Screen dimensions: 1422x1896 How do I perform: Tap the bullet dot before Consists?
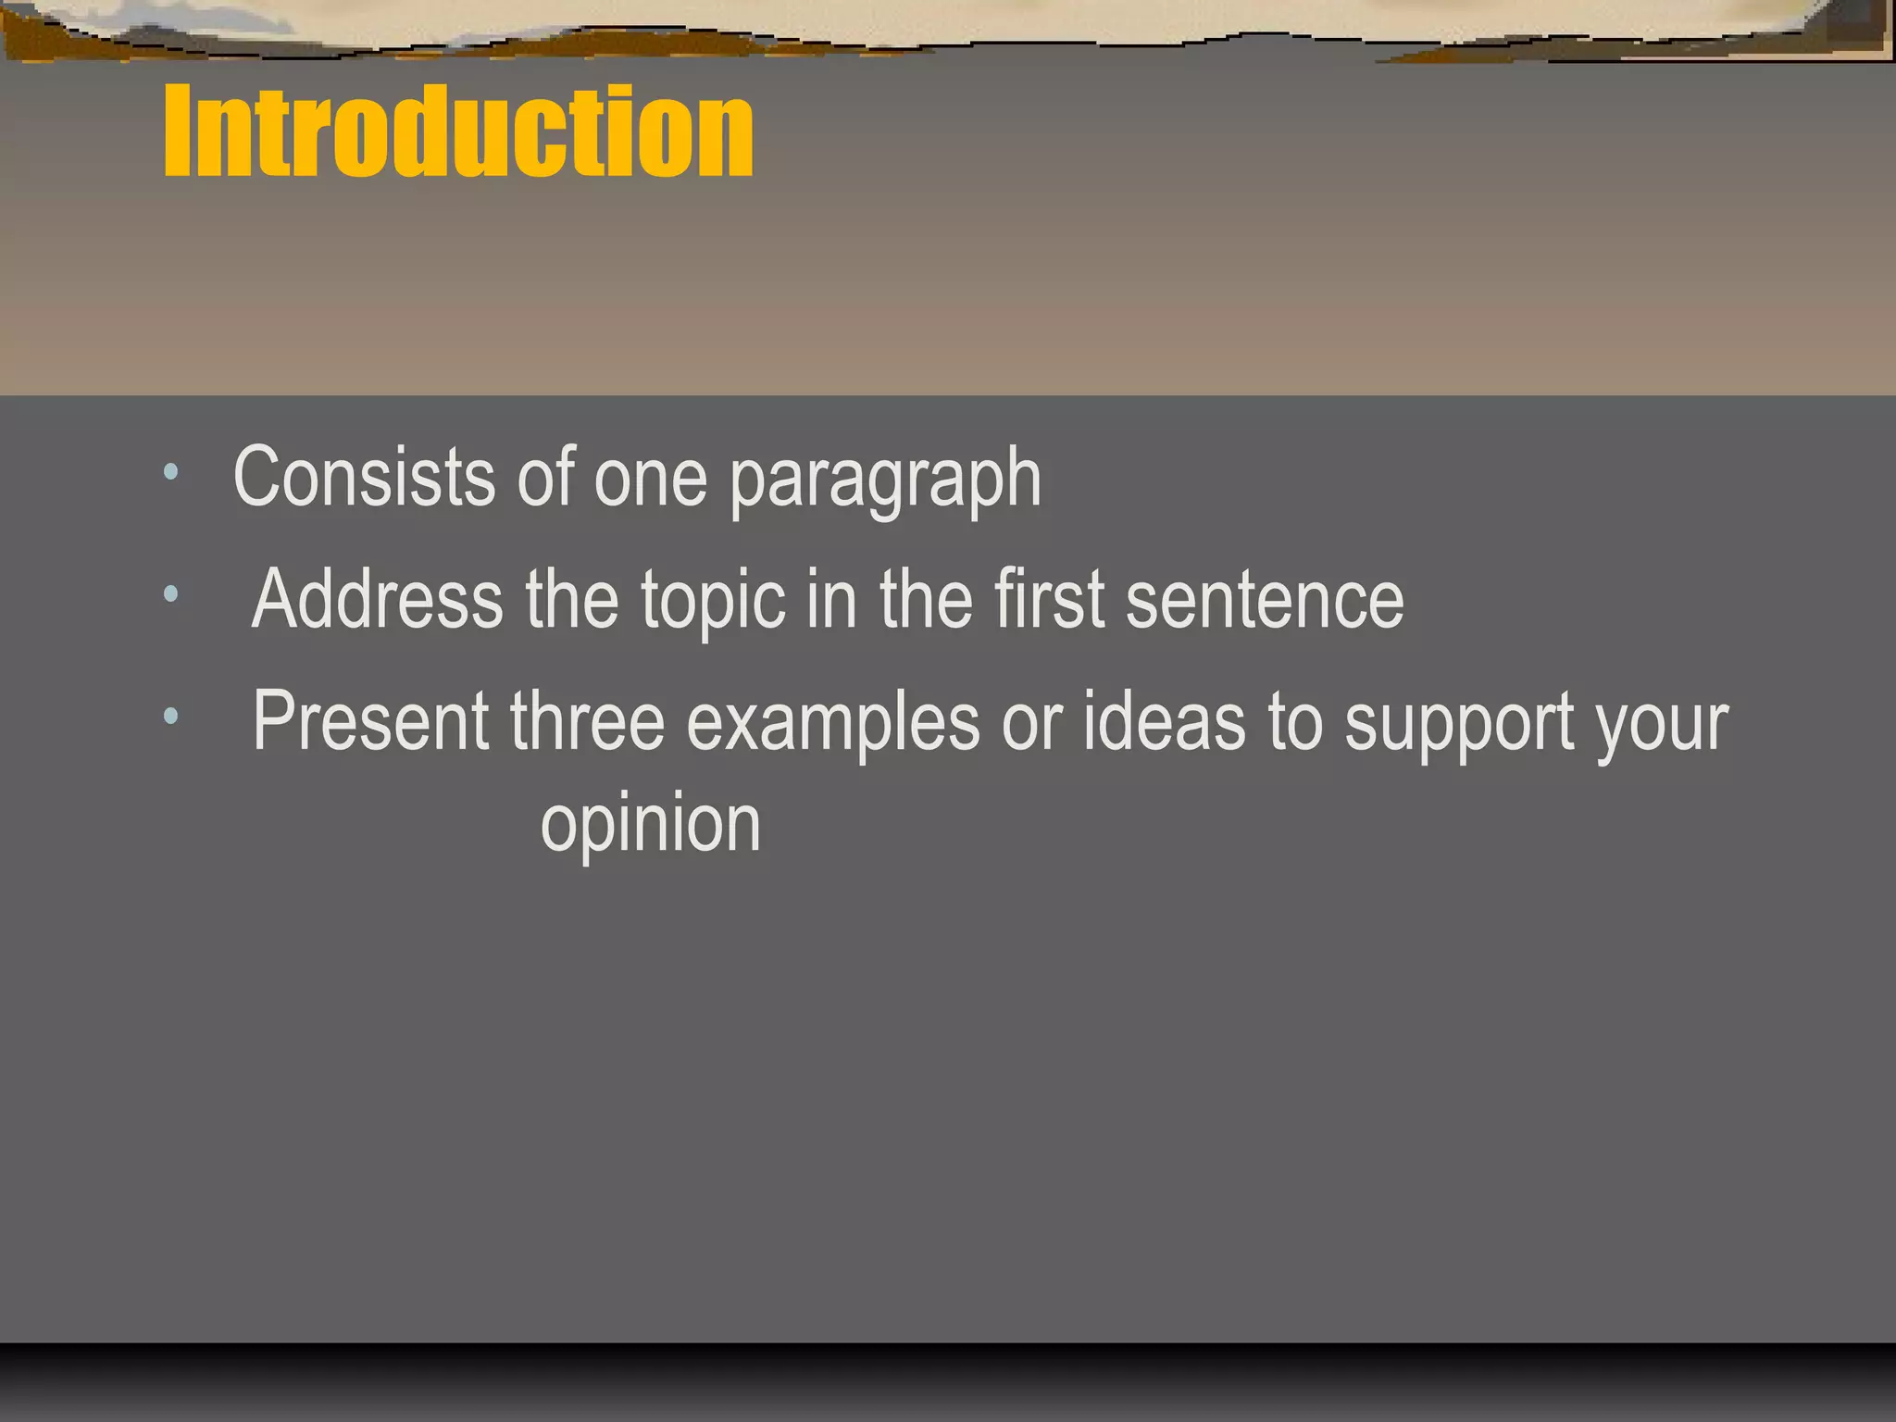[170, 472]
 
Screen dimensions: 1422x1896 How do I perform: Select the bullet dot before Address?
[170, 593]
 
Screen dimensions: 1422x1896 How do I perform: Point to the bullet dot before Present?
[170, 715]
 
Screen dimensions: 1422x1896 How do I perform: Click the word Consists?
[364, 477]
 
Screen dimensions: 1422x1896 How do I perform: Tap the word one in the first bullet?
[650, 479]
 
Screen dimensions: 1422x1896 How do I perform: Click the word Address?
[378, 599]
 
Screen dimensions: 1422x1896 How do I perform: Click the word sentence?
[1265, 600]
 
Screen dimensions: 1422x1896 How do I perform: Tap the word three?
[587, 720]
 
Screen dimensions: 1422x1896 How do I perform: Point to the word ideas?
[1164, 720]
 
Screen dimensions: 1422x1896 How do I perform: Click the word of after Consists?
[546, 477]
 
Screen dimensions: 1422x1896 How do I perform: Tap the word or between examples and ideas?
[1031, 722]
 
